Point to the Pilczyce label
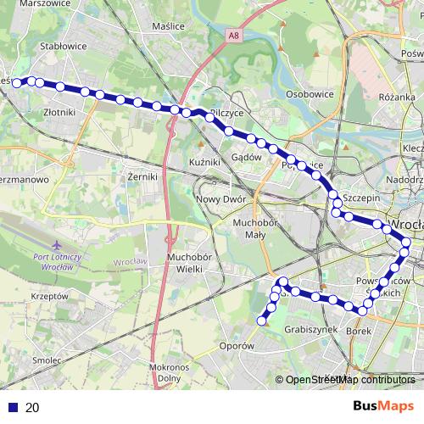226,112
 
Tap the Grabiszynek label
311,329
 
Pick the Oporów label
237,346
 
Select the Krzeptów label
48,297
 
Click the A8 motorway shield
233,36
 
